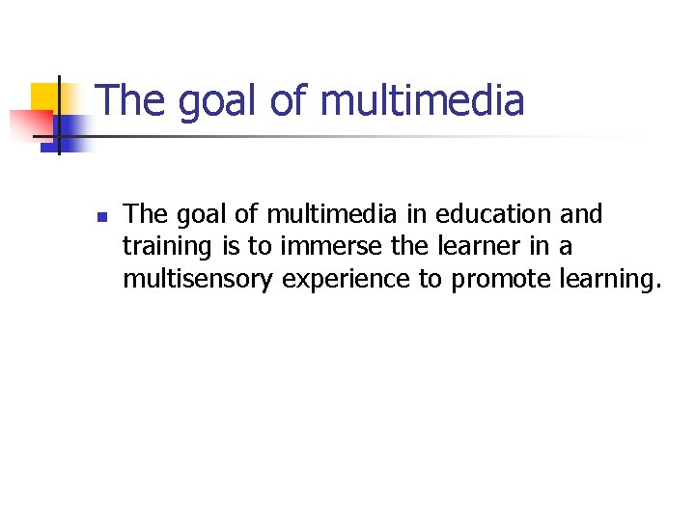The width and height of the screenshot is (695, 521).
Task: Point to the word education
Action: click(495, 213)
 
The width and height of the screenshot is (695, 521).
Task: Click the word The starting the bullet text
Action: click(145, 213)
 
